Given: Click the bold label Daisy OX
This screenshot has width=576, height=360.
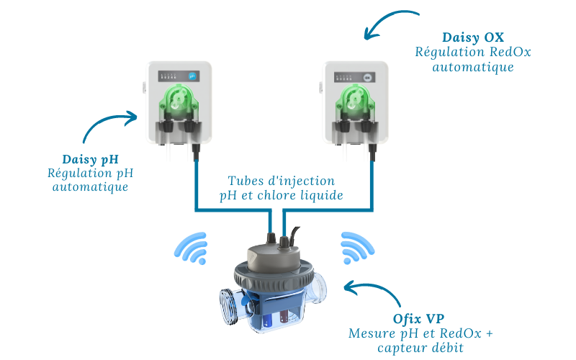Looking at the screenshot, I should click(x=474, y=36).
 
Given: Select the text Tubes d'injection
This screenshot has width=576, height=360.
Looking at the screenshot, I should click(x=282, y=181).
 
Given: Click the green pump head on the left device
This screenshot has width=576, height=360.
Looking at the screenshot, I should click(x=176, y=100).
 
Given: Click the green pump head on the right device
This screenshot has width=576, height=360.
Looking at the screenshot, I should click(x=353, y=100).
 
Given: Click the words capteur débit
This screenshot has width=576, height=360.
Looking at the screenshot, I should click(x=420, y=348).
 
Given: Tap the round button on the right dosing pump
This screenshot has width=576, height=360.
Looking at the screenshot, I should click(x=369, y=75).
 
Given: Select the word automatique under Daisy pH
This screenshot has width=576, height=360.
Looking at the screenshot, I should click(x=90, y=187).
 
